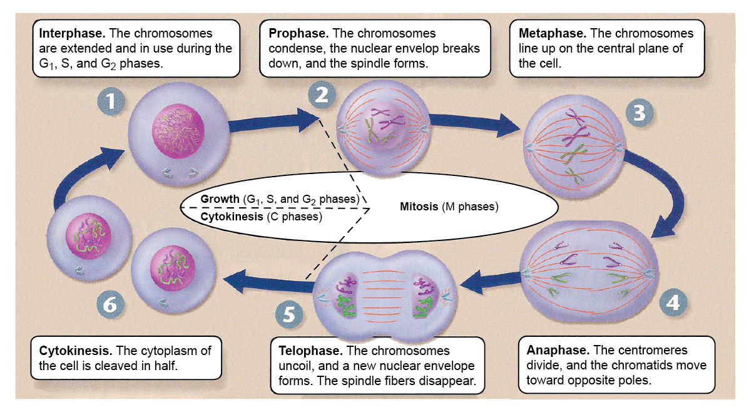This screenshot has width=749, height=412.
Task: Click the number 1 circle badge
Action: click(111, 101)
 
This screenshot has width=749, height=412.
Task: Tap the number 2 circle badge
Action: click(322, 95)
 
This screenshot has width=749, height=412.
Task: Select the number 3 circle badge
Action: click(639, 113)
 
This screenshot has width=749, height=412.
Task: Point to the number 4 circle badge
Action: click(673, 302)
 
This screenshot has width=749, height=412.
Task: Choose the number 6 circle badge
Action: click(110, 304)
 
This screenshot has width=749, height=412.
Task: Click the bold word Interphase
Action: click(72, 33)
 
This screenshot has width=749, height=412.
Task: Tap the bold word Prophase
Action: click(298, 33)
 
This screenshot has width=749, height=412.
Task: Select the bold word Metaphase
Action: click(553, 33)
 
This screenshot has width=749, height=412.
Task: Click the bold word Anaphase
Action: click(558, 351)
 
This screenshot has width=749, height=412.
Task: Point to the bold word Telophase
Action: click(310, 351)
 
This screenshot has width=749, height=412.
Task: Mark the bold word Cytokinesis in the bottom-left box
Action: click(76, 351)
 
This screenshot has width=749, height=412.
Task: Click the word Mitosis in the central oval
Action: click(419, 207)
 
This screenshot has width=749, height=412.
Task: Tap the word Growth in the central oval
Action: click(220, 199)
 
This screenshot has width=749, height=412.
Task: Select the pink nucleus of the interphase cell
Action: click(178, 131)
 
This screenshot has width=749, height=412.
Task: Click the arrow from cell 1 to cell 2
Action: click(273, 121)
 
